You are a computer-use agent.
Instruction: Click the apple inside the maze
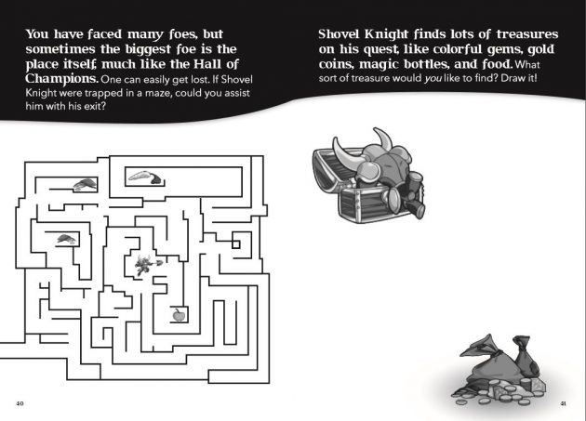(x=179, y=314)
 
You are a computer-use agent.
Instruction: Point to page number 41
(x=564, y=403)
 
